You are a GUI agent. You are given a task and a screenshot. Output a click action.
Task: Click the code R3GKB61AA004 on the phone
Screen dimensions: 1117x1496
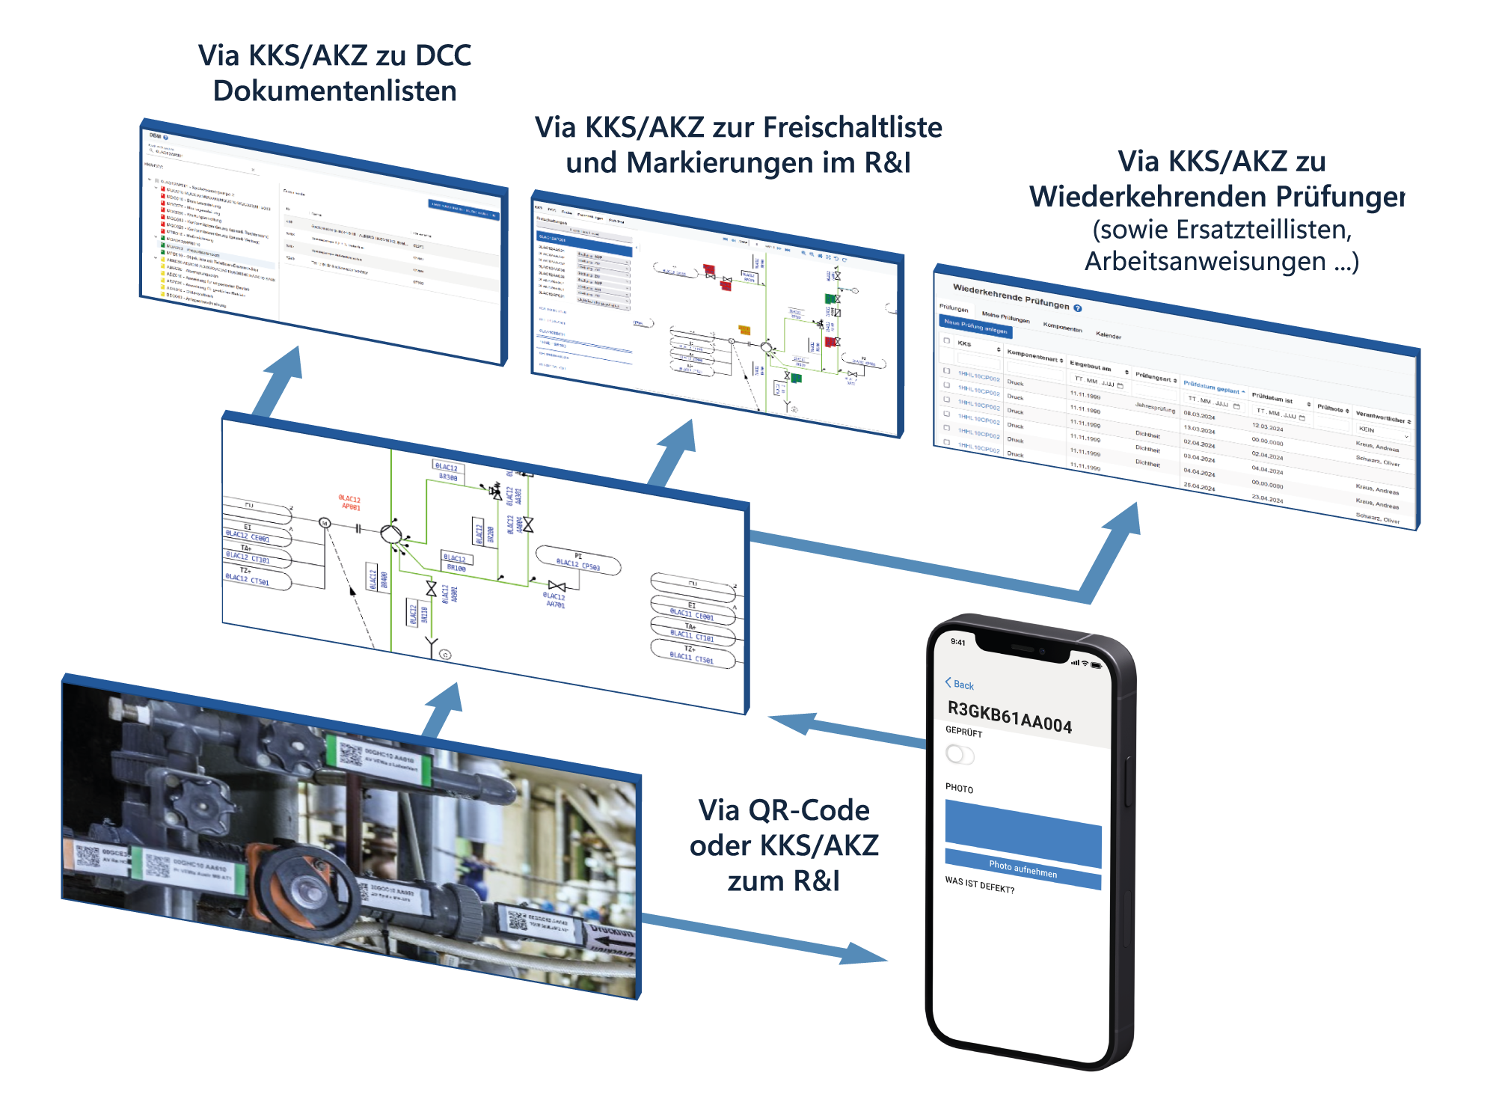pyautogui.click(x=1009, y=717)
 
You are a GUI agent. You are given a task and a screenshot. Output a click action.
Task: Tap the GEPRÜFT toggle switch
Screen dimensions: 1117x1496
pyautogui.click(x=960, y=754)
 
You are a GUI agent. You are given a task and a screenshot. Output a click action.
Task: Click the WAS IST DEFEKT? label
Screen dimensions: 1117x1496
pyautogui.click(x=979, y=885)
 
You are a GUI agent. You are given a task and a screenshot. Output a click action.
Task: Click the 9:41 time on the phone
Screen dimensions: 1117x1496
pyautogui.click(x=958, y=642)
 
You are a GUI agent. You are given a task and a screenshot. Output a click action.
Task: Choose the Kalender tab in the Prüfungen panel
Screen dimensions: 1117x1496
pyautogui.click(x=1109, y=335)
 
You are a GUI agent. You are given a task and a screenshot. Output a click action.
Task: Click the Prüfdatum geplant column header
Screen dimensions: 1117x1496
pyautogui.click(x=1213, y=388)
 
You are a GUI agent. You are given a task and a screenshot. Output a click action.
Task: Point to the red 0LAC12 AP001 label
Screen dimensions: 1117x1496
pyautogui.click(x=349, y=503)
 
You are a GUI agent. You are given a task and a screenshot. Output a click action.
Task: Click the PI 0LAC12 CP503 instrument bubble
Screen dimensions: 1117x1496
pyautogui.click(x=578, y=561)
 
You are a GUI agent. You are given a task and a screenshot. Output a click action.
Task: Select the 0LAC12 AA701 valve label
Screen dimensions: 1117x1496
pyautogui.click(x=554, y=600)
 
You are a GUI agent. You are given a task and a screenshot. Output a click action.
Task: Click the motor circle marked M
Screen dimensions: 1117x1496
pyautogui.click(x=325, y=523)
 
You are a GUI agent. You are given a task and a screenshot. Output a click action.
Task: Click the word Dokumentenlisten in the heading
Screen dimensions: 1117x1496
pyautogui.click(x=334, y=91)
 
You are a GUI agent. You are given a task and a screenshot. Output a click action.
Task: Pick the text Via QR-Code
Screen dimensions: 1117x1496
pyautogui.click(x=783, y=810)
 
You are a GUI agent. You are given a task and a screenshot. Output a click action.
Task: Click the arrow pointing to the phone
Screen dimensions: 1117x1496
pyautogui.click(x=860, y=952)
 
